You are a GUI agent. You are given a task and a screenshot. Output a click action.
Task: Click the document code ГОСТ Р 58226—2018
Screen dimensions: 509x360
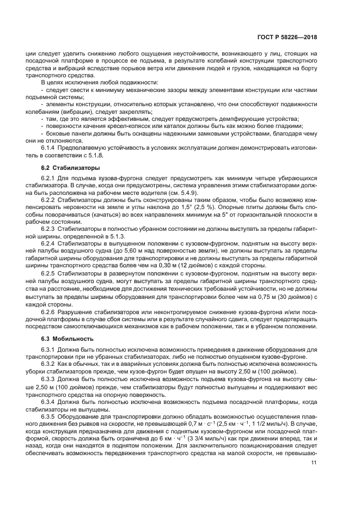[x=286, y=37]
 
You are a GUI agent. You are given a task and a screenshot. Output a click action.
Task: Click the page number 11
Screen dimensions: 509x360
[x=314, y=463]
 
